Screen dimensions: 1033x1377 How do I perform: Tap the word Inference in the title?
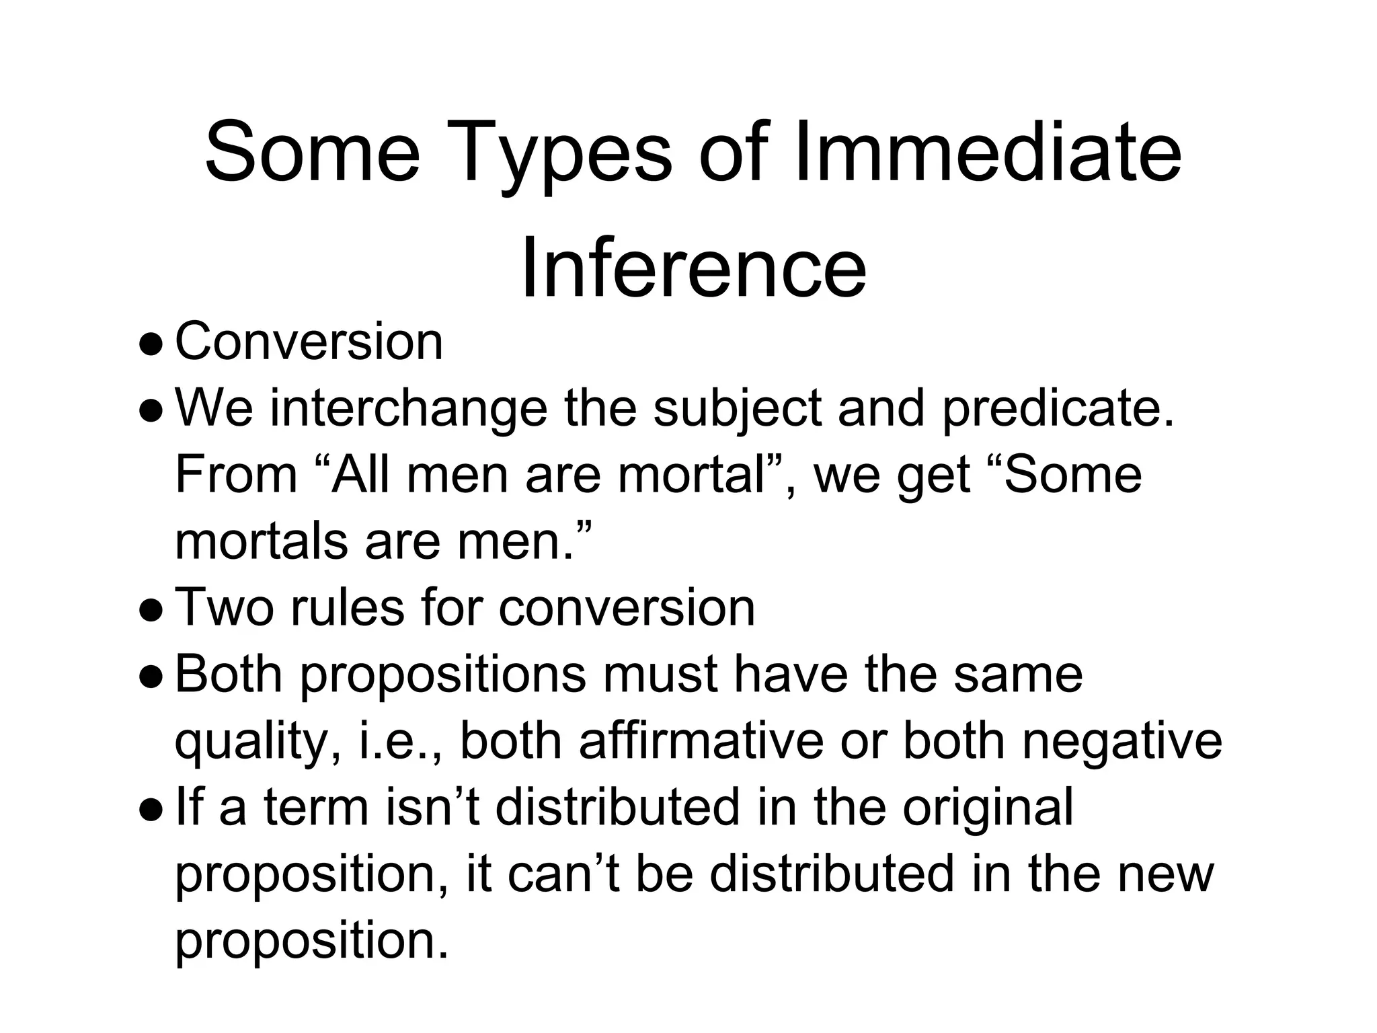point(693,268)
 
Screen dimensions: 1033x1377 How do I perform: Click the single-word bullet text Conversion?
point(309,342)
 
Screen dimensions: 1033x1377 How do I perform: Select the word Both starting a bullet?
point(229,674)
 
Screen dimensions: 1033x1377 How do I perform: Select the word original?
point(987,808)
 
